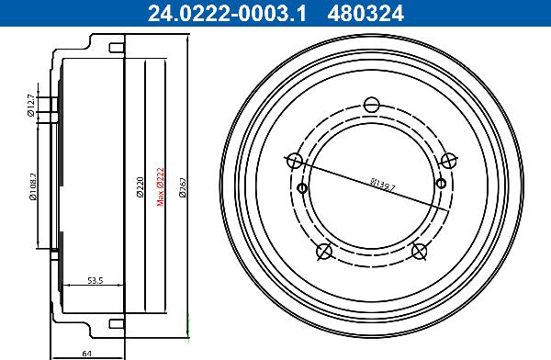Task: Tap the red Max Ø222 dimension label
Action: coord(161,186)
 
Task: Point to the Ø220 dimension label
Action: coord(140,188)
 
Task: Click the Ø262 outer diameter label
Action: coord(184,187)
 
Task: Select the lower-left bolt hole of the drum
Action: coord(323,252)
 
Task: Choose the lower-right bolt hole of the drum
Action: coord(420,252)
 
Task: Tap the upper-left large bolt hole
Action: coord(294,161)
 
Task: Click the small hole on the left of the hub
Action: coord(302,189)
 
